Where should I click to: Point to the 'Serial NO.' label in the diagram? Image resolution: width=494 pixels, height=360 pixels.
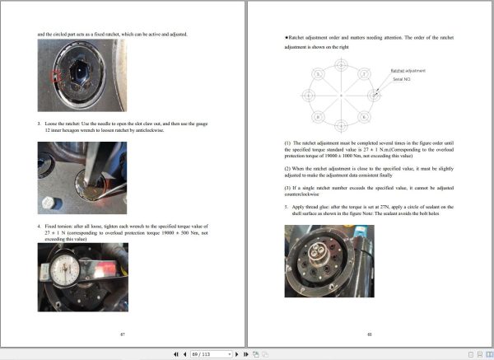coord(401,79)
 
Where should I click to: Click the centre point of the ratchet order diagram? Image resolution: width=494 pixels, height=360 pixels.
coord(341,95)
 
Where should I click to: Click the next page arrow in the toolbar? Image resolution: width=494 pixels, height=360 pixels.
coord(236,353)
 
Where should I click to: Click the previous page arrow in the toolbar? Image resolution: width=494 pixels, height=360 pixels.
coord(182,353)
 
